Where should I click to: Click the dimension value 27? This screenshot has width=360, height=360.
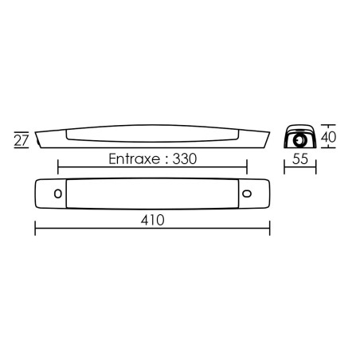point(22,140)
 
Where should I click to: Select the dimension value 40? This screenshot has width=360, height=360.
point(328,137)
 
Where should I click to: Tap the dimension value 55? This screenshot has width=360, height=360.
point(300,158)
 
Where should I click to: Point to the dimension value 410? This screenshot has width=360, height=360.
point(152,220)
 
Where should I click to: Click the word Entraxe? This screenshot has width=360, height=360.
point(135,159)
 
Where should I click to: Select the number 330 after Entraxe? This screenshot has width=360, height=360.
point(185,159)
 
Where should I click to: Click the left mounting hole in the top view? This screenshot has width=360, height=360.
point(58,194)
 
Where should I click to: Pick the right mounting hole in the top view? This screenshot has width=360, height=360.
point(247,194)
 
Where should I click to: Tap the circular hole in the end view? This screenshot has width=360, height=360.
point(299,139)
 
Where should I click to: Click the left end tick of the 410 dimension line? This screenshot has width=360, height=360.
point(35,228)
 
